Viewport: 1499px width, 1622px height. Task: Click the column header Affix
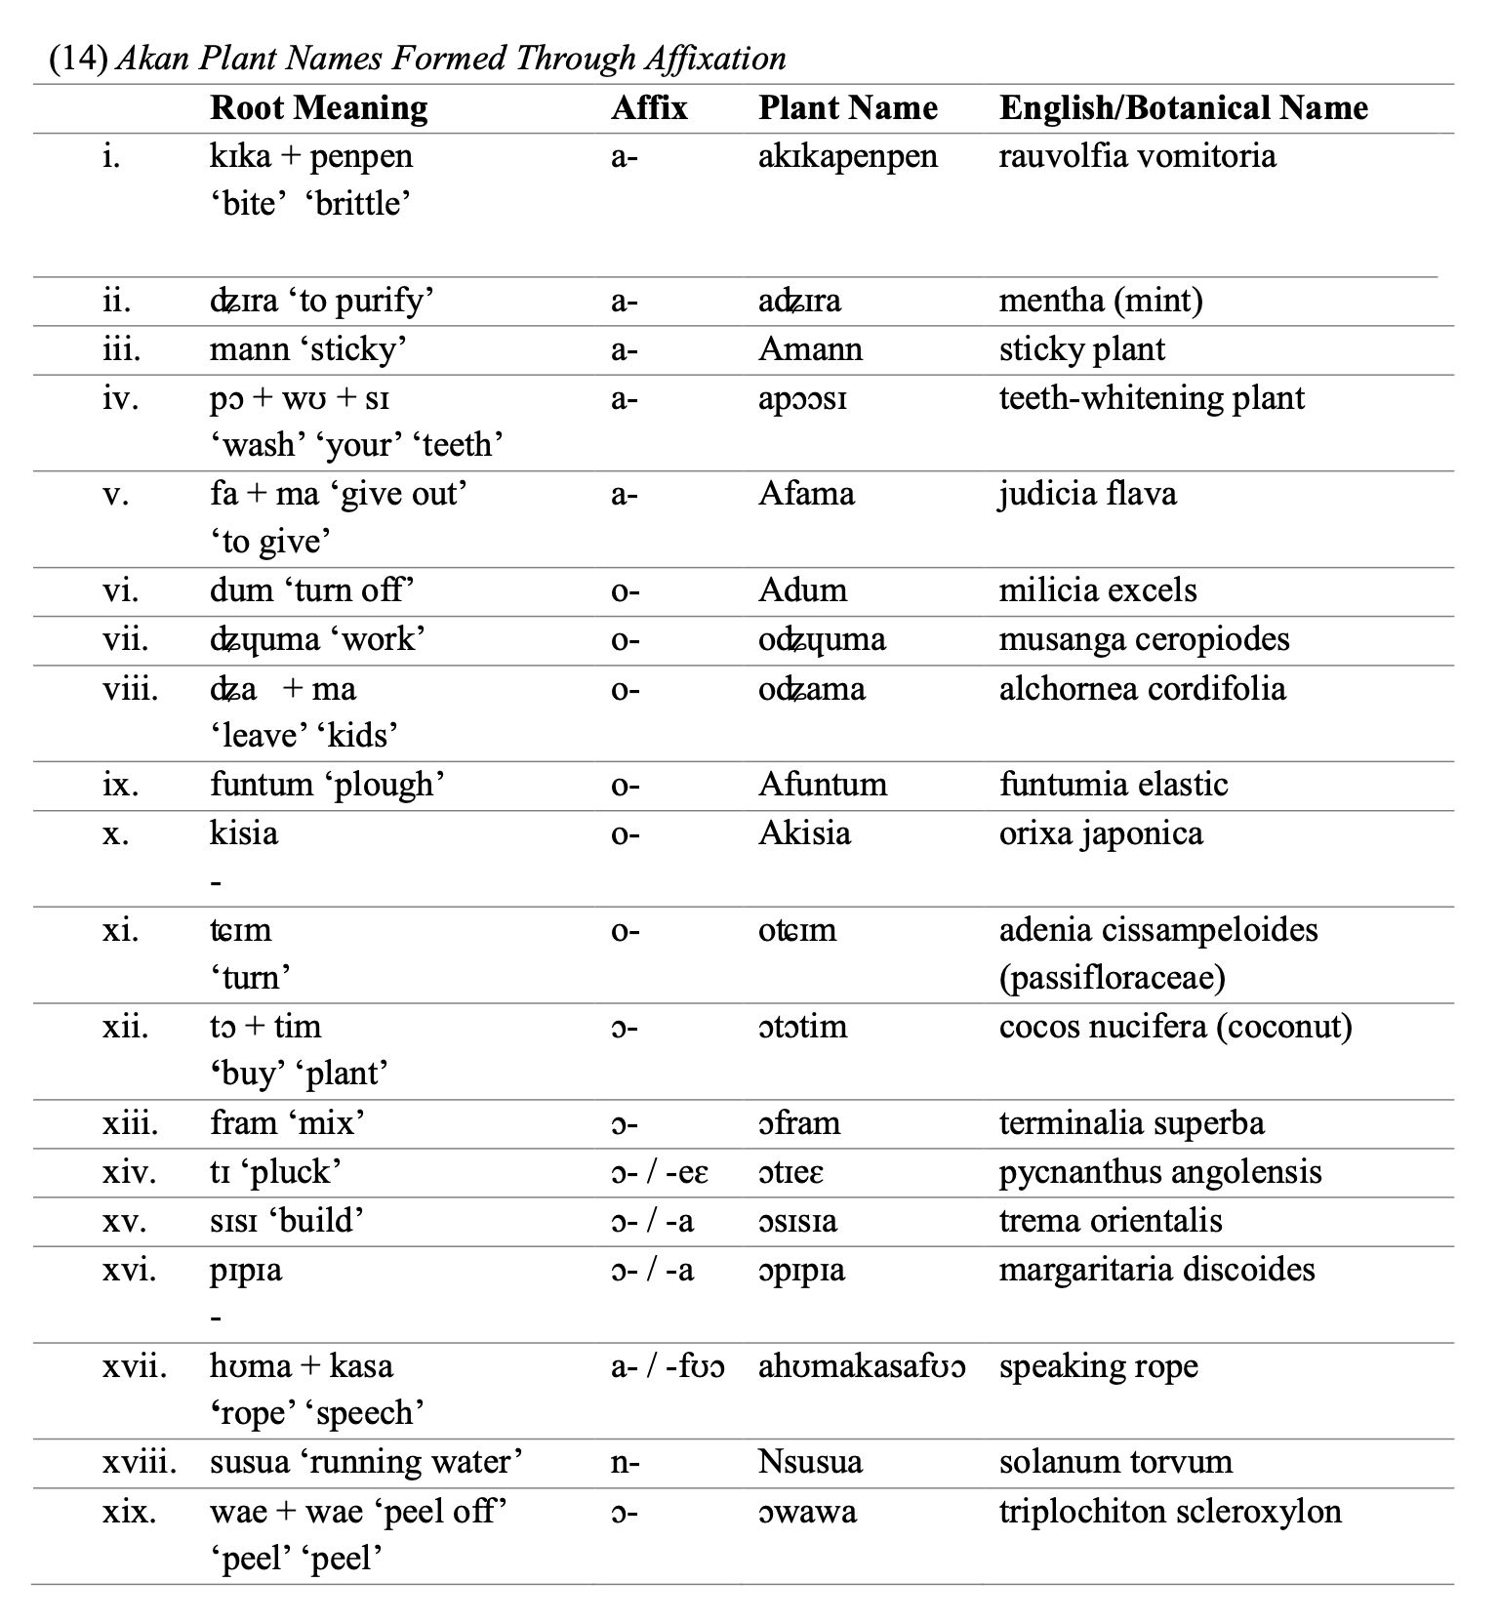649,107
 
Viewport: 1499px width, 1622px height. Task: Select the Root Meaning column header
318,107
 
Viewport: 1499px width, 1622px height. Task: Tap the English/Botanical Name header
1183,107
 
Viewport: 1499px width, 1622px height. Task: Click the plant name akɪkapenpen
847,156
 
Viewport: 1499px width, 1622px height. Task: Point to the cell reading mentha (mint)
1100,300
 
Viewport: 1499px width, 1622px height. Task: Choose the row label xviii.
140,1462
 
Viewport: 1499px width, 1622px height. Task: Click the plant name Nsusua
810,1462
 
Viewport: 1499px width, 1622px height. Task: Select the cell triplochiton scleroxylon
1169,1511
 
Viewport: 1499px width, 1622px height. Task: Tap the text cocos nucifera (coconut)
1175,1027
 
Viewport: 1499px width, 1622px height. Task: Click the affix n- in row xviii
625,1462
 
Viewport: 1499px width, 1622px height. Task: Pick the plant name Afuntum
822,785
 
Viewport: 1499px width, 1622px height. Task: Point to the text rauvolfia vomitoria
1137,156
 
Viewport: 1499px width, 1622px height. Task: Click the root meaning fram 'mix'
287,1123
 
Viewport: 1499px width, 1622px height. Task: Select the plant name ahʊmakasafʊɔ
862,1366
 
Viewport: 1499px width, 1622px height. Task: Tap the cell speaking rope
1098,1366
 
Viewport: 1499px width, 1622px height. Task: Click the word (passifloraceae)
1112,978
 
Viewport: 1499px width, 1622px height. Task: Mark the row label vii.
125,639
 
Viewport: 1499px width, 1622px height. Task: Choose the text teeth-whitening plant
1152,398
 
